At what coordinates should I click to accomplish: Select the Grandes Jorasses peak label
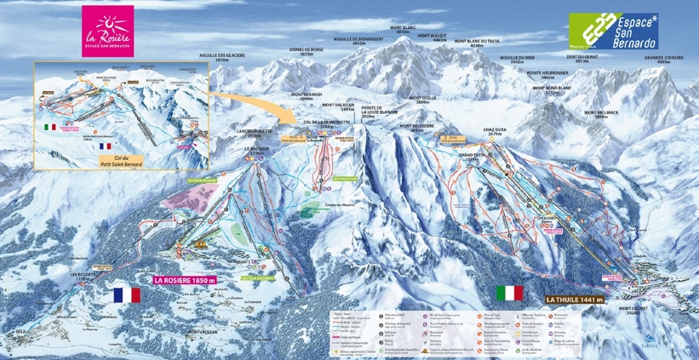(x=665, y=60)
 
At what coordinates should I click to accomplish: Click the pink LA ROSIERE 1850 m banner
(x=192, y=279)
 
